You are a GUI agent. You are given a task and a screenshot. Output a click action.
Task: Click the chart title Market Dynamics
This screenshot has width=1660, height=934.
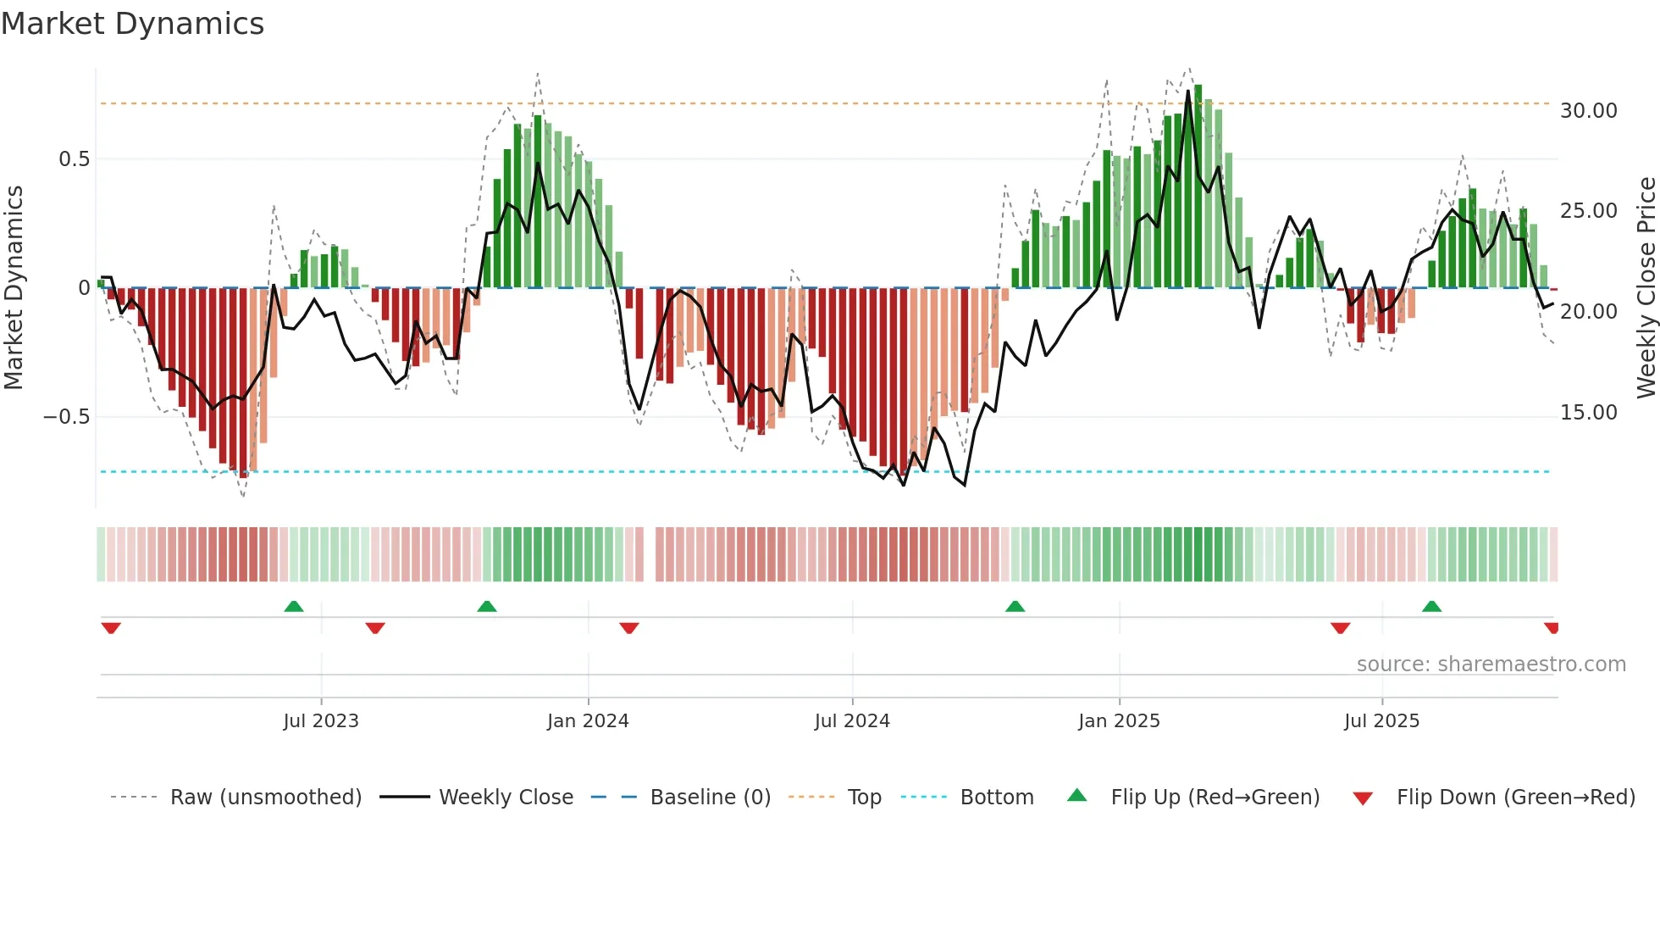point(133,24)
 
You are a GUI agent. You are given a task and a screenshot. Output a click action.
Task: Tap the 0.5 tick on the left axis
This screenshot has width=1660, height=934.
point(74,159)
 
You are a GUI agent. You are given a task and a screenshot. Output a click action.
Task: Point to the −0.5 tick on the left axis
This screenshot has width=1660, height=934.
point(67,417)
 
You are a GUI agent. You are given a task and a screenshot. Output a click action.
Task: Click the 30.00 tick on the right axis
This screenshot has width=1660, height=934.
point(1588,111)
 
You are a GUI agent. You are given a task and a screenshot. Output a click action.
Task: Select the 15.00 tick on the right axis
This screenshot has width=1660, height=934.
point(1588,413)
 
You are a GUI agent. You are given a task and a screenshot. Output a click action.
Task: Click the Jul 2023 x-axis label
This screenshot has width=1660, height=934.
point(321,721)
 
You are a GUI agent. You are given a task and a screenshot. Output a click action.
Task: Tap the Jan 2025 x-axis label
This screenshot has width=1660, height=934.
point(1119,721)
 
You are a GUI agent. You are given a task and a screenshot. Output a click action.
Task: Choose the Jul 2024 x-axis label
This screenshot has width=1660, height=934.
point(852,721)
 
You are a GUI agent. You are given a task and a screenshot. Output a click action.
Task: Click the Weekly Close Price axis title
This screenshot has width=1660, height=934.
point(1646,288)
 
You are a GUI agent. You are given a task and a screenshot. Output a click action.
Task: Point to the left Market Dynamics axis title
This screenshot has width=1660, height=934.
point(14,288)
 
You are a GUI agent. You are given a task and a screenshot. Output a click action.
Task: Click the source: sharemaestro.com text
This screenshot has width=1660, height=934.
point(1491,664)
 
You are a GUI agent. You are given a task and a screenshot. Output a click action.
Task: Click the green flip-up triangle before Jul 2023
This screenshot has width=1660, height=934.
point(294,607)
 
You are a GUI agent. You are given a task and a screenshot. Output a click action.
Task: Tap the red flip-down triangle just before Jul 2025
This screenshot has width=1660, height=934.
point(1340,628)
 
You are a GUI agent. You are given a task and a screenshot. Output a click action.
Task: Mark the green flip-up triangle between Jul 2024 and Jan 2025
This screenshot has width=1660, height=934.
point(1015,607)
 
